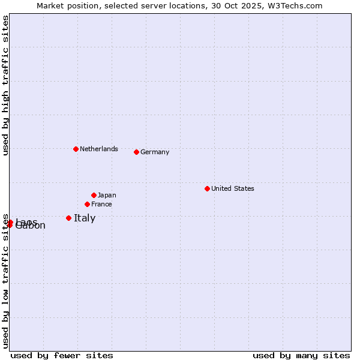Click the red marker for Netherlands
pos(76,149)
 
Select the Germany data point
pos(136,152)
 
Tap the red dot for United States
pos(207,188)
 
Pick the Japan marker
pos(94,195)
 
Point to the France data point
pos(87,204)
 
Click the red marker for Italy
pos(68,218)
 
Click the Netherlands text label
pos(99,149)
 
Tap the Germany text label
pos(155,152)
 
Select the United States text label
pos(233,188)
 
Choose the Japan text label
pos(107,195)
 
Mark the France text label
pos(101,204)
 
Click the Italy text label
pos(85,218)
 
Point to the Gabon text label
pos(31,226)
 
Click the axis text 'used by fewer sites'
pos(62,355)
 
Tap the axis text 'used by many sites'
pos(301,355)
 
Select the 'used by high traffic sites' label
pos(5,86)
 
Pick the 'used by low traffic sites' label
pos(5,281)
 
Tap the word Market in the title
pos(50,5)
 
